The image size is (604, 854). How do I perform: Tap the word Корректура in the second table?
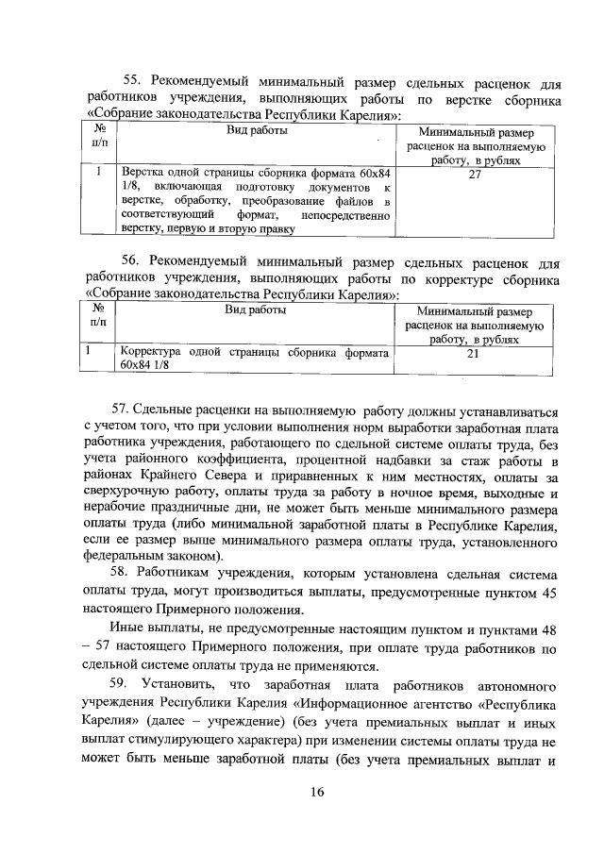151,352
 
